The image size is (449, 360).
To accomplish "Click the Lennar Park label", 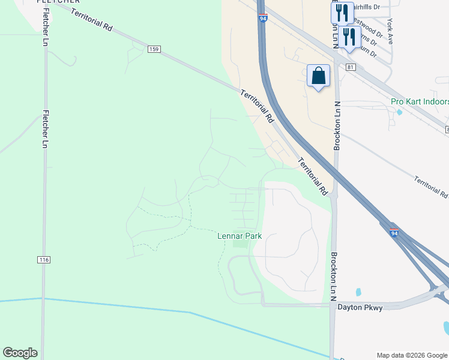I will [240, 236].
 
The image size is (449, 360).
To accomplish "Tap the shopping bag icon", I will [319, 76].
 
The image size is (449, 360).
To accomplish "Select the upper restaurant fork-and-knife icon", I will [342, 13].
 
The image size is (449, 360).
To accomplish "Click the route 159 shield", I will [154, 48].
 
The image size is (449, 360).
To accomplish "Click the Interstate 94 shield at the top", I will [263, 18].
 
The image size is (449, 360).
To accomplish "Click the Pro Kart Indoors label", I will [420, 101].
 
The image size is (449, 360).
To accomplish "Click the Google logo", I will [20, 353].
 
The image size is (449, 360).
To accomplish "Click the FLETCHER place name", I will [58, 2].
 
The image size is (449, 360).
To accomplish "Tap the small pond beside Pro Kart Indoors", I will [400, 112].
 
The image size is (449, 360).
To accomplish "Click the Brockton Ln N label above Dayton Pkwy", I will [334, 276].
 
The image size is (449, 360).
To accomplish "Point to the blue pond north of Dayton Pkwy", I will [358, 292].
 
